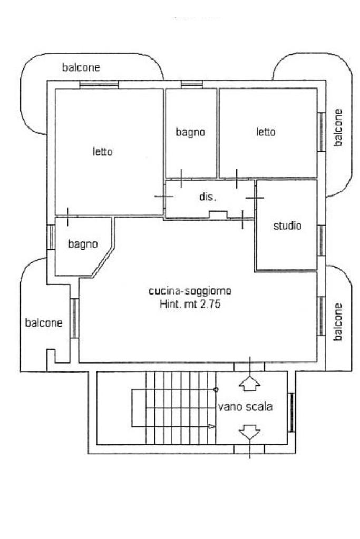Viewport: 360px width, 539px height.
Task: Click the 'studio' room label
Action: pyautogui.click(x=287, y=226)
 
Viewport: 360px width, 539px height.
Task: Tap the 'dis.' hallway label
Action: pyautogui.click(x=208, y=197)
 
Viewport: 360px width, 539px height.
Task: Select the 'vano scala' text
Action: pyautogui.click(x=245, y=407)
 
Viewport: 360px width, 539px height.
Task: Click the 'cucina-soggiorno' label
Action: pyautogui.click(x=190, y=291)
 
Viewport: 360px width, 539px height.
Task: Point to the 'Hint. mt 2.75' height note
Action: pyautogui.click(x=190, y=304)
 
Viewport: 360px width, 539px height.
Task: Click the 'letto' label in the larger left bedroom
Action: pyautogui.click(x=102, y=152)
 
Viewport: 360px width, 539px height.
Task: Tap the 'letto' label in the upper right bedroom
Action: pyautogui.click(x=266, y=132)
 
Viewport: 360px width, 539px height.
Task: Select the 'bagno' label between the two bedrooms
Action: pyautogui.click(x=190, y=132)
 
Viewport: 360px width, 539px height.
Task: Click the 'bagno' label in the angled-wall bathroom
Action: pyautogui.click(x=83, y=244)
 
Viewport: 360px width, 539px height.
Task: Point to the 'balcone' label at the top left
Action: pyautogui.click(x=81, y=67)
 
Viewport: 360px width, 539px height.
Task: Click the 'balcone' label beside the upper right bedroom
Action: pyautogui.click(x=338, y=128)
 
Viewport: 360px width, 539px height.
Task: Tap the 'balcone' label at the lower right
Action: pyautogui.click(x=338, y=322)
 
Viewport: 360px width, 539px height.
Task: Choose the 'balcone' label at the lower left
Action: pyautogui.click(x=44, y=323)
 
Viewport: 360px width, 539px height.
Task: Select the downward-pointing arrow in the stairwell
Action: pyautogui.click(x=250, y=432)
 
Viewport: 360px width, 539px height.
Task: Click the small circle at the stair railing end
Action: pyautogui.click(x=216, y=389)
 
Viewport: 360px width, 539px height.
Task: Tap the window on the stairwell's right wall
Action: pyautogui.click(x=291, y=413)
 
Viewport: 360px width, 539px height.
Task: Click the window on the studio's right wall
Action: pyautogui.click(x=321, y=240)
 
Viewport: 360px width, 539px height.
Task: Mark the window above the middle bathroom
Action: pyautogui.click(x=192, y=84)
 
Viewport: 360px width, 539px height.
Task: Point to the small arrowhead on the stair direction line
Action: pyautogui.click(x=212, y=426)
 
